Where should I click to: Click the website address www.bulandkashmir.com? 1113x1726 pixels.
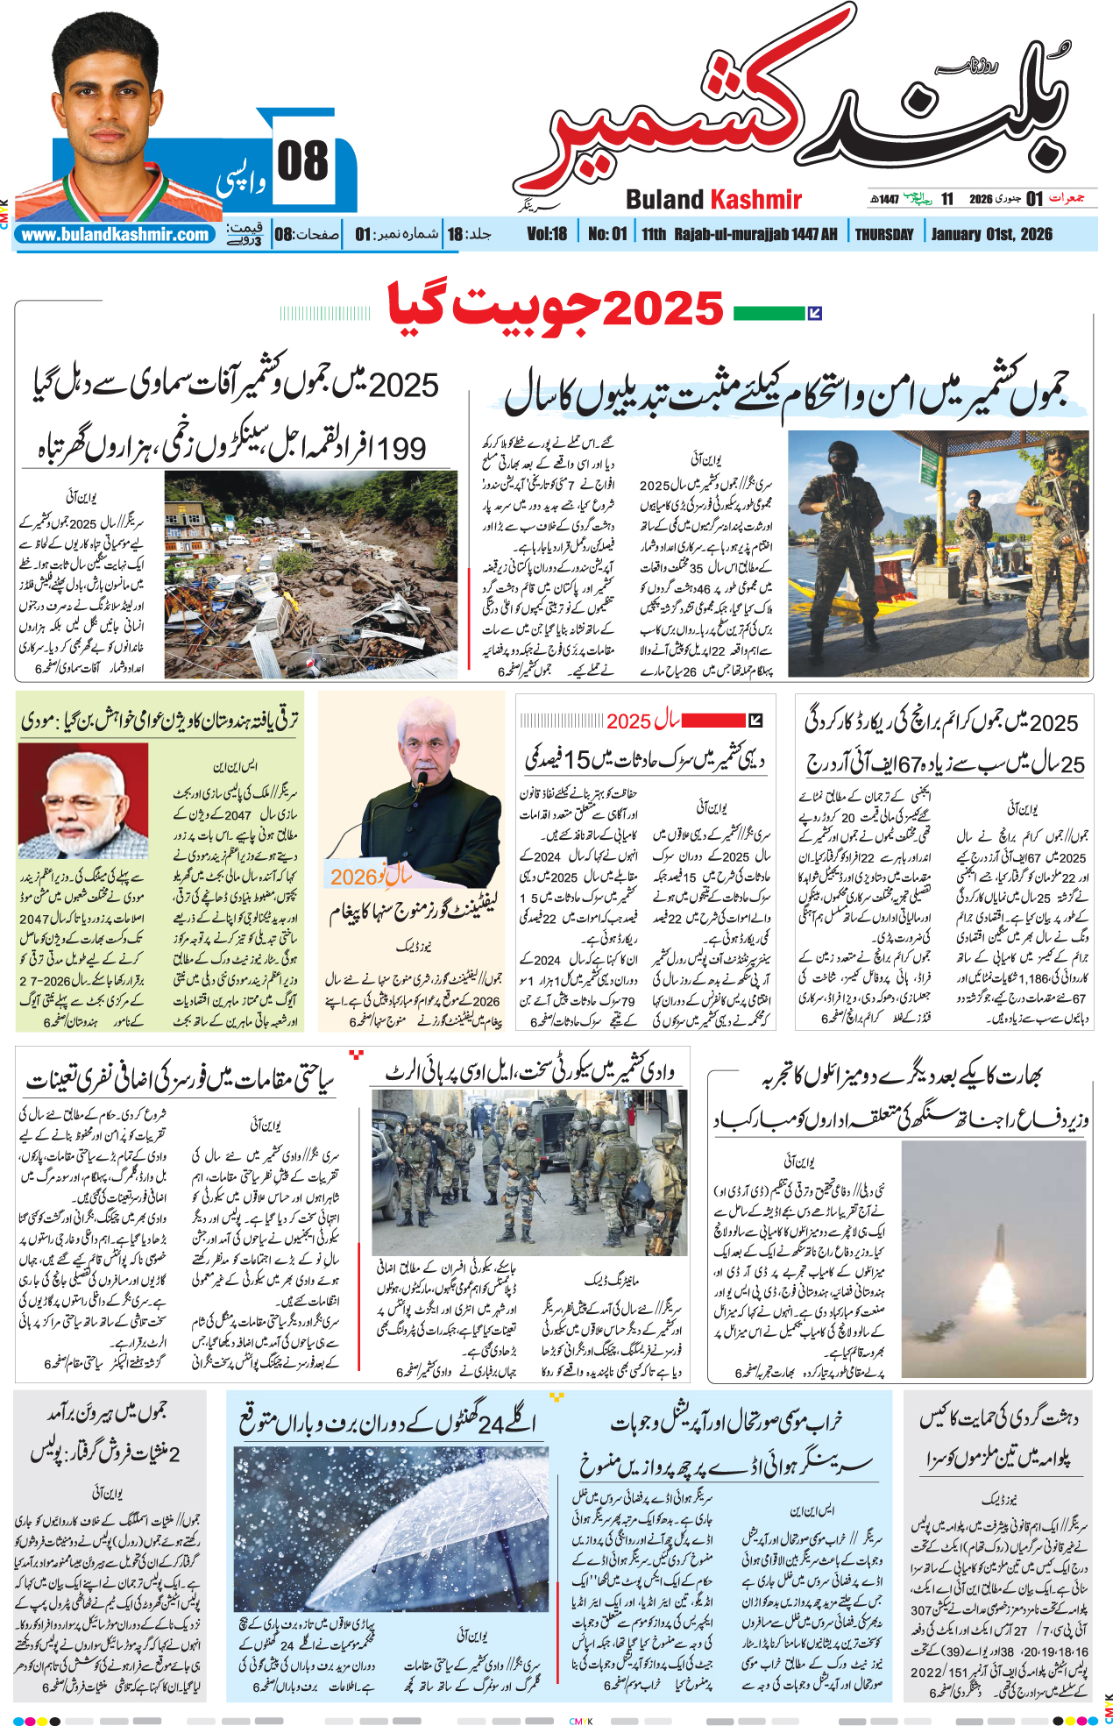[x=116, y=235]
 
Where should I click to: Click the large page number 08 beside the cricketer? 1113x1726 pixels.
[x=302, y=162]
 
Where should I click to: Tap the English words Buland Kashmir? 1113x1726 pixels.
[x=713, y=200]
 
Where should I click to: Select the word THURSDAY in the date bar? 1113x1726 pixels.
[x=883, y=234]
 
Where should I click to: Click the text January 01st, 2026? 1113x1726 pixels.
[x=991, y=234]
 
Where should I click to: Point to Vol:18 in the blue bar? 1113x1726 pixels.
[x=547, y=234]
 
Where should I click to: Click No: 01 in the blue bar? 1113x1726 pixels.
[x=607, y=234]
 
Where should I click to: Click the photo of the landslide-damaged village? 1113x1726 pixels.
[x=310, y=574]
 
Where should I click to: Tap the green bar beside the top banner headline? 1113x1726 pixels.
[x=769, y=312]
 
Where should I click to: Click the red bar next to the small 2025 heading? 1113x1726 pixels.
[x=712, y=721]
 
